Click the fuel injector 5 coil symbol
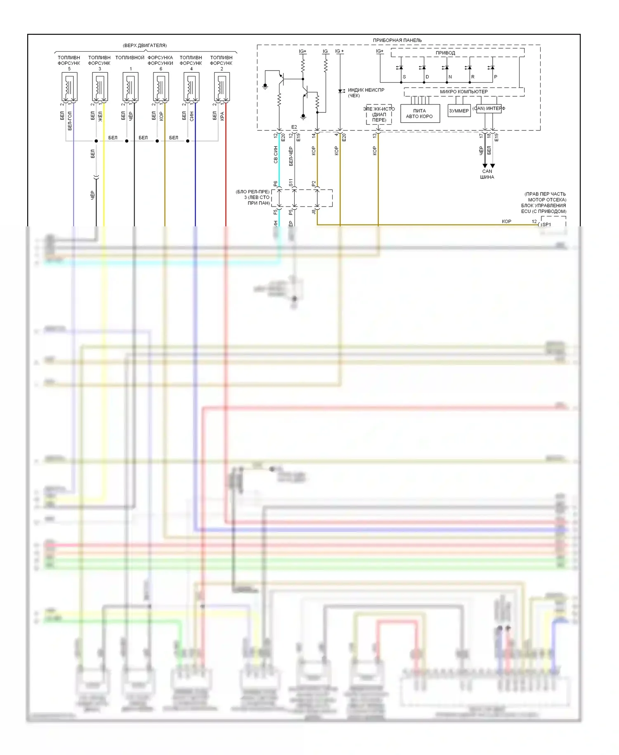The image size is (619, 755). coord(69,87)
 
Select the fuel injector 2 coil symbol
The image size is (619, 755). coord(222,87)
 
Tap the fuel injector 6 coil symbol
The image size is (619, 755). coord(161,87)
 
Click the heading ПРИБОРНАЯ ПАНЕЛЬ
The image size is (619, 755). coord(397,40)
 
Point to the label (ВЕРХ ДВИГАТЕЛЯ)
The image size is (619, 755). coord(145,45)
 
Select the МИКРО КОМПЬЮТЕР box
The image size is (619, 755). coord(464,92)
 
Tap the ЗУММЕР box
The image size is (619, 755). coord(459,111)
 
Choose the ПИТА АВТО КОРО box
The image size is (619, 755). coord(420,114)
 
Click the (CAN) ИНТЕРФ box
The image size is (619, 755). coord(489,109)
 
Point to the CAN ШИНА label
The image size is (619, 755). coord(487,174)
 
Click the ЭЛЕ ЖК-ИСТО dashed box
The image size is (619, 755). coord(379,114)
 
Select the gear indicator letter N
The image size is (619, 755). coord(450,77)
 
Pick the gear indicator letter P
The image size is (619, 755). coord(496,77)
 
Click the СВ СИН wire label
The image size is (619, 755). coord(276,154)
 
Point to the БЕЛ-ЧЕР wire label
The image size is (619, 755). coord(291,156)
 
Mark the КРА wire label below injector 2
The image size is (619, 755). coord(222,116)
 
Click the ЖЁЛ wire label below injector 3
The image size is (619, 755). coord(100,116)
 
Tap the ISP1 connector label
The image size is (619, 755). coord(546,225)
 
